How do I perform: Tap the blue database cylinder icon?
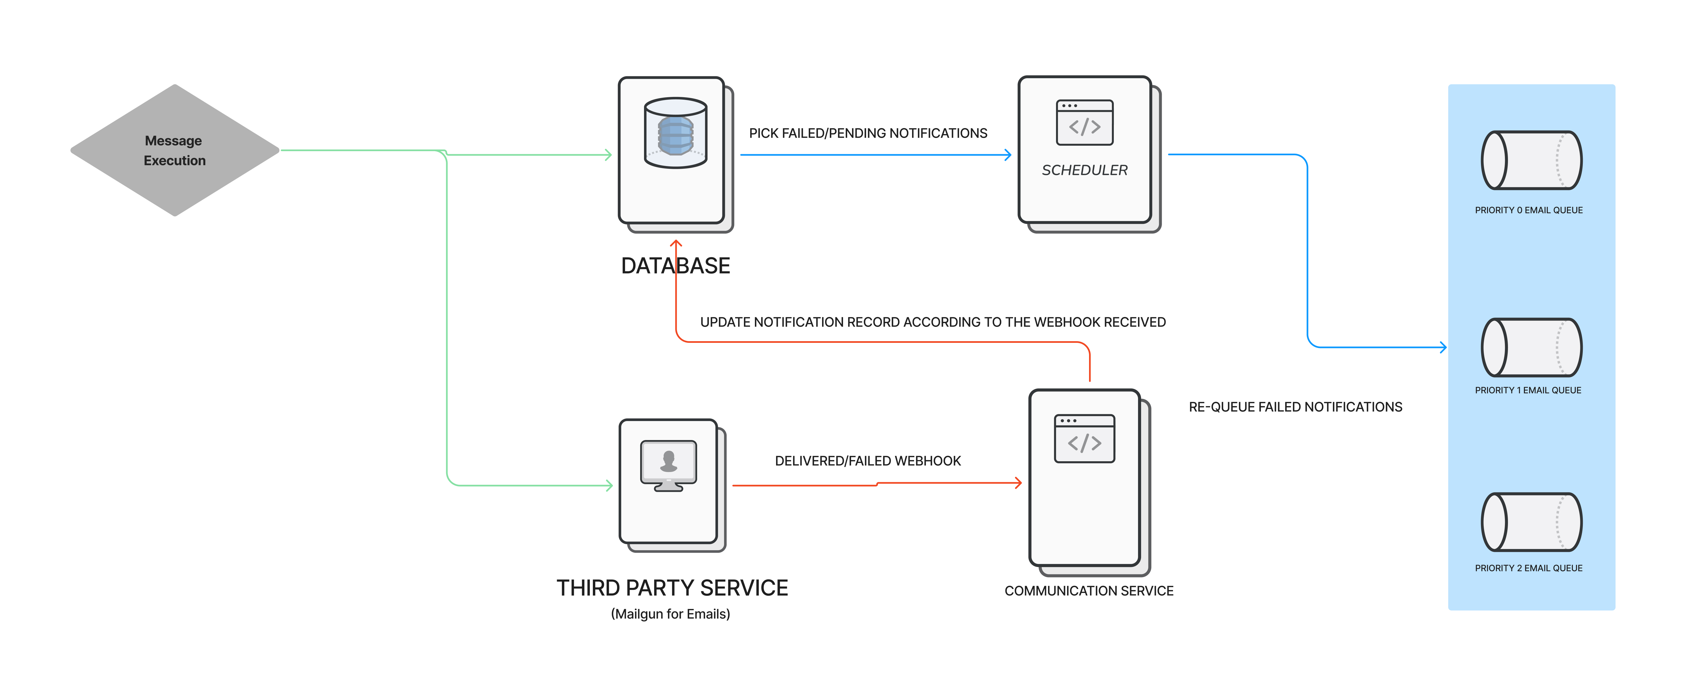[675, 133]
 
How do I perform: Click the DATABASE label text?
[675, 266]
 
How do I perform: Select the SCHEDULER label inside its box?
[1085, 170]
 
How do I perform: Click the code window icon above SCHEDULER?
[1085, 123]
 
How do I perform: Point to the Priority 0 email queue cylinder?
[1532, 160]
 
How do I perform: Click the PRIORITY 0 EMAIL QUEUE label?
[1529, 210]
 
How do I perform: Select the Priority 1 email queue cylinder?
[1532, 348]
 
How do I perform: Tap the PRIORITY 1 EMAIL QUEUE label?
[1528, 390]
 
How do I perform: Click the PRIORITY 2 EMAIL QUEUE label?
[1529, 568]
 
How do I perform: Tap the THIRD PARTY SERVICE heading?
[672, 588]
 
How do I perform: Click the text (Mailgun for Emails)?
[670, 614]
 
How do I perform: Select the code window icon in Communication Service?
[1085, 439]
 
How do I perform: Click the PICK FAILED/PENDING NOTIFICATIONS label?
[868, 134]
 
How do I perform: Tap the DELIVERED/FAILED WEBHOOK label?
[868, 461]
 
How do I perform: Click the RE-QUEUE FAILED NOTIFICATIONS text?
[1295, 407]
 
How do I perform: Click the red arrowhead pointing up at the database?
[676, 243]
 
